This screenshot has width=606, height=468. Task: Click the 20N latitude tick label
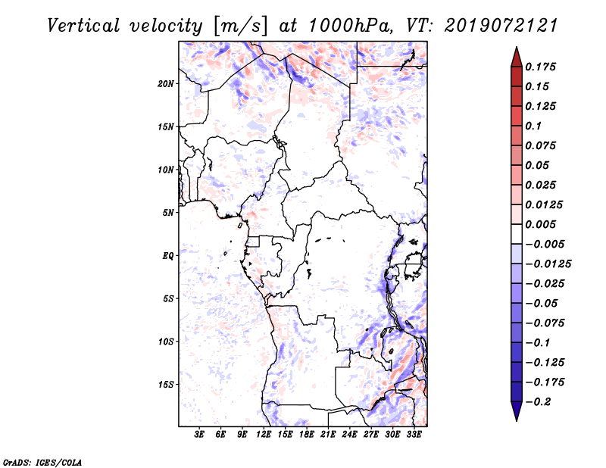pos(166,83)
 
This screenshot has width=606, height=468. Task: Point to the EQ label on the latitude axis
pos(168,256)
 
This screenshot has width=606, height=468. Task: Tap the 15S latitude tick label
pos(166,385)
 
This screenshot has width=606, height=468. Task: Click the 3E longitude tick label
pos(200,435)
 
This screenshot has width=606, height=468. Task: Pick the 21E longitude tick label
pos(328,435)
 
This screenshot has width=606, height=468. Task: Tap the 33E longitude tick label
pos(414,435)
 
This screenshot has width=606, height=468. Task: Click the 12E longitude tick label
pos(264,435)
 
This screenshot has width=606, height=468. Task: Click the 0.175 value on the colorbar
pos(541,67)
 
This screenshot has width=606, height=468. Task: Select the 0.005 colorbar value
pos(541,225)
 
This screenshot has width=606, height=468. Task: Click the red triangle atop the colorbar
pos(516,55)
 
